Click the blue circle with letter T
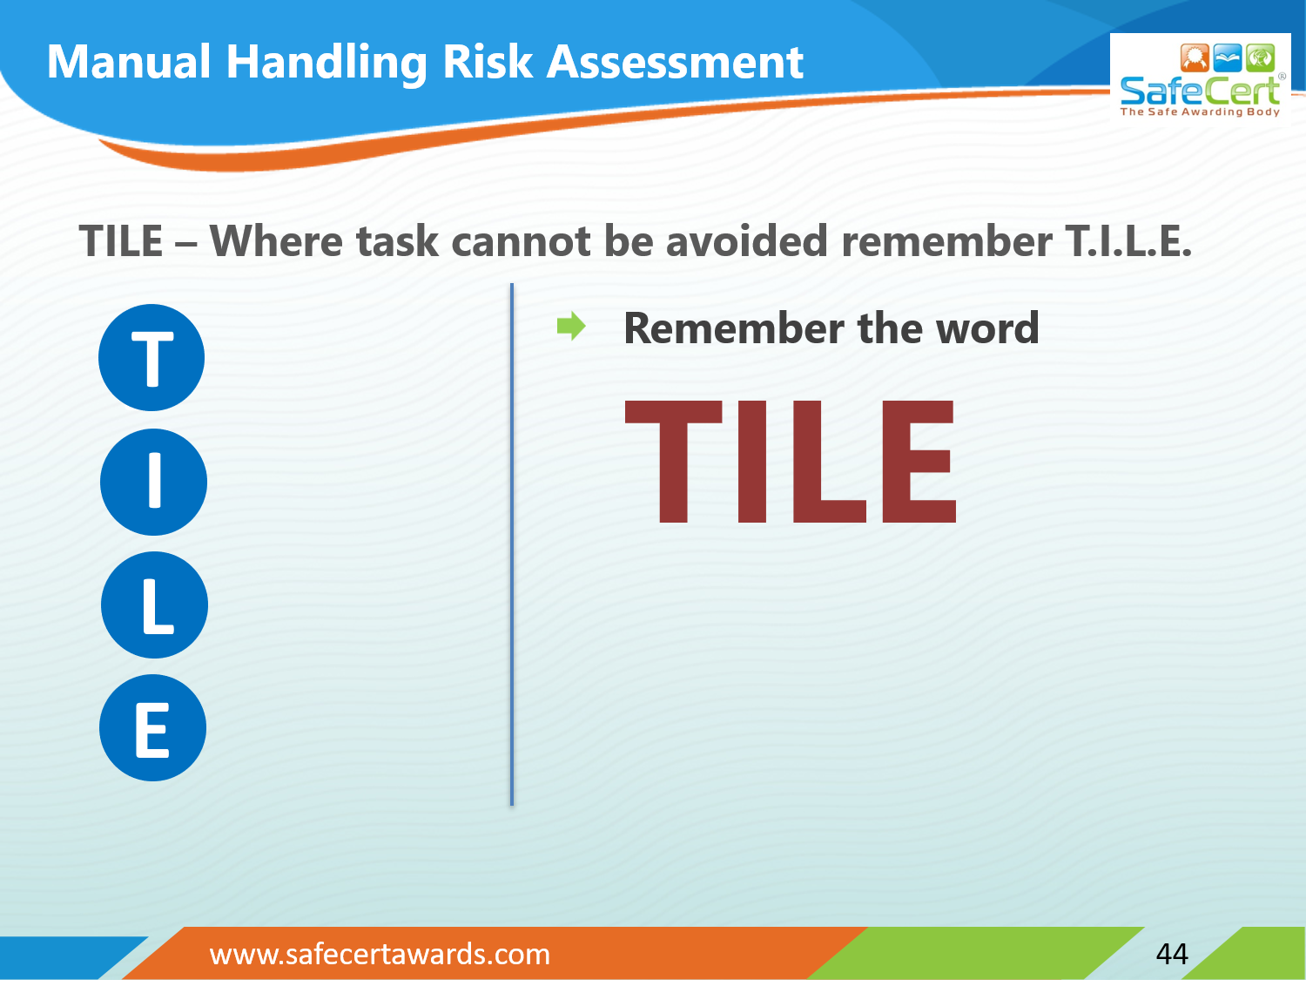[151, 358]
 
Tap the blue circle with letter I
[153, 482]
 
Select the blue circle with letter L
[154, 605]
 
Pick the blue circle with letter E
[152, 728]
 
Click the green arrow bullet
[571, 327]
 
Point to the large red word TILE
[791, 461]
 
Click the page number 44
[1172, 954]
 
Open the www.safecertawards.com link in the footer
[380, 955]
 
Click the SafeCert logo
[1200, 78]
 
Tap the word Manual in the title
[129, 63]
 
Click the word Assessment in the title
[674, 63]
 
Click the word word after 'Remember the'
[986, 328]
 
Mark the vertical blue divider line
[512, 544]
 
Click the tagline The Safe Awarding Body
[1200, 111]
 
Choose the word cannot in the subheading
[521, 241]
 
